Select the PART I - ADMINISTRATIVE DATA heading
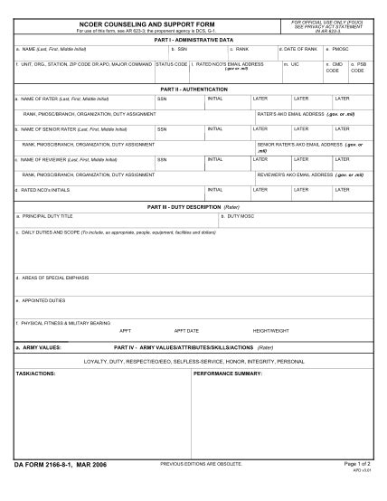193,40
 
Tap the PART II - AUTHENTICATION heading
193,90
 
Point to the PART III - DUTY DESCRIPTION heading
193,207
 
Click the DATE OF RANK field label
298,49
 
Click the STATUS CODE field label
172,65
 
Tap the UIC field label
291,65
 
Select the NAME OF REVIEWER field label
56,159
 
